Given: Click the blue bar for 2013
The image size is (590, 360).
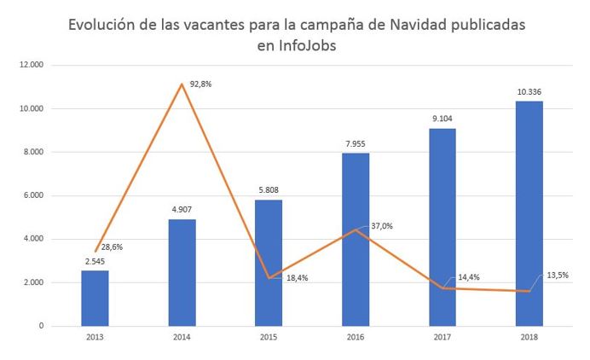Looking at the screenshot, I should pyautogui.click(x=95, y=298).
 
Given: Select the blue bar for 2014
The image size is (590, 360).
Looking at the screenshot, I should pyautogui.click(x=182, y=272).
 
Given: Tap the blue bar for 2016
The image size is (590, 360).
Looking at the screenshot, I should pyautogui.click(x=356, y=239).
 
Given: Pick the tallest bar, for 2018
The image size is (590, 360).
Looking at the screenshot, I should pyautogui.click(x=529, y=213).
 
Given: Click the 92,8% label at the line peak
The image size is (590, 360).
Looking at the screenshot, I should pyautogui.click(x=201, y=84).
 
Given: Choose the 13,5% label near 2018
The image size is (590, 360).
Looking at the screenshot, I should pyautogui.click(x=556, y=275).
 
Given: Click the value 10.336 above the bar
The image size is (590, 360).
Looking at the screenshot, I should pyautogui.click(x=529, y=90).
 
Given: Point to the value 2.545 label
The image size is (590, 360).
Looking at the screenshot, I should pyautogui.click(x=95, y=260).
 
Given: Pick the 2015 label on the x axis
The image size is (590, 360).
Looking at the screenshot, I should pyautogui.click(x=269, y=338).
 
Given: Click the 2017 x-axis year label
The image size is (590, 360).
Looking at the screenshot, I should pyautogui.click(x=442, y=338).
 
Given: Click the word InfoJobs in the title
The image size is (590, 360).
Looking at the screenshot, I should pyautogui.click(x=296, y=46).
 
